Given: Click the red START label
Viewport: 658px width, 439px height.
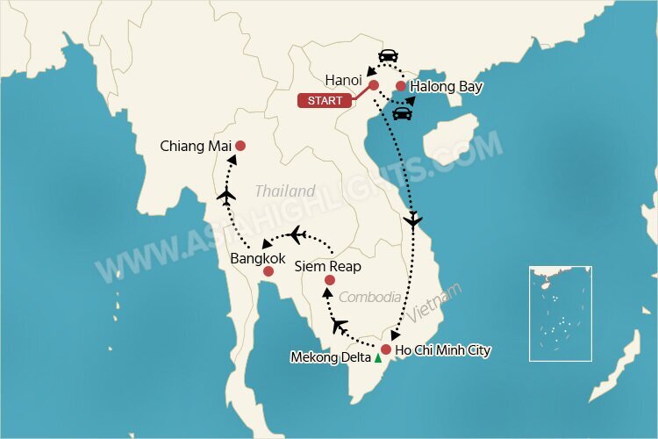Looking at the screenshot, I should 325,101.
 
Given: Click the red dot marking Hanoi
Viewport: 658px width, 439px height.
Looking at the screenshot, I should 373,85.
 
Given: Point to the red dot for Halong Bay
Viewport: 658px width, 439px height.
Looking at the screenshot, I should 401,86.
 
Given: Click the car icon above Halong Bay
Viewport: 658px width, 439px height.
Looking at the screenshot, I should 387,56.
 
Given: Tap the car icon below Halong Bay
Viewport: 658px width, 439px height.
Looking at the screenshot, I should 404,112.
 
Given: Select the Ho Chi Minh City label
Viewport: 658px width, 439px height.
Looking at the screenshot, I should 443,350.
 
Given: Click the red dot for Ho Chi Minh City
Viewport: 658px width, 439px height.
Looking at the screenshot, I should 385,349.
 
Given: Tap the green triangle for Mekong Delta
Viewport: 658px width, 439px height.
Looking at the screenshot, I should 377,358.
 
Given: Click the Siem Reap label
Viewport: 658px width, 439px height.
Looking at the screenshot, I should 327,265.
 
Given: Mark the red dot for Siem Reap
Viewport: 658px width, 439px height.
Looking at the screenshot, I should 329,280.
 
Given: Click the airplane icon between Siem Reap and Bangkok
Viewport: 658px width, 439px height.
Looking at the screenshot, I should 298,234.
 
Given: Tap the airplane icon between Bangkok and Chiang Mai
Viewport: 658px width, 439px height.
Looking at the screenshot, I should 227,195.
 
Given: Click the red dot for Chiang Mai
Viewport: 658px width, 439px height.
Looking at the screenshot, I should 240,146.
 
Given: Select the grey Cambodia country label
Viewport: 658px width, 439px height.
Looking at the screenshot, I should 370,297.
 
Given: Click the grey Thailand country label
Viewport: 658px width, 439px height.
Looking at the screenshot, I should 285,191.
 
